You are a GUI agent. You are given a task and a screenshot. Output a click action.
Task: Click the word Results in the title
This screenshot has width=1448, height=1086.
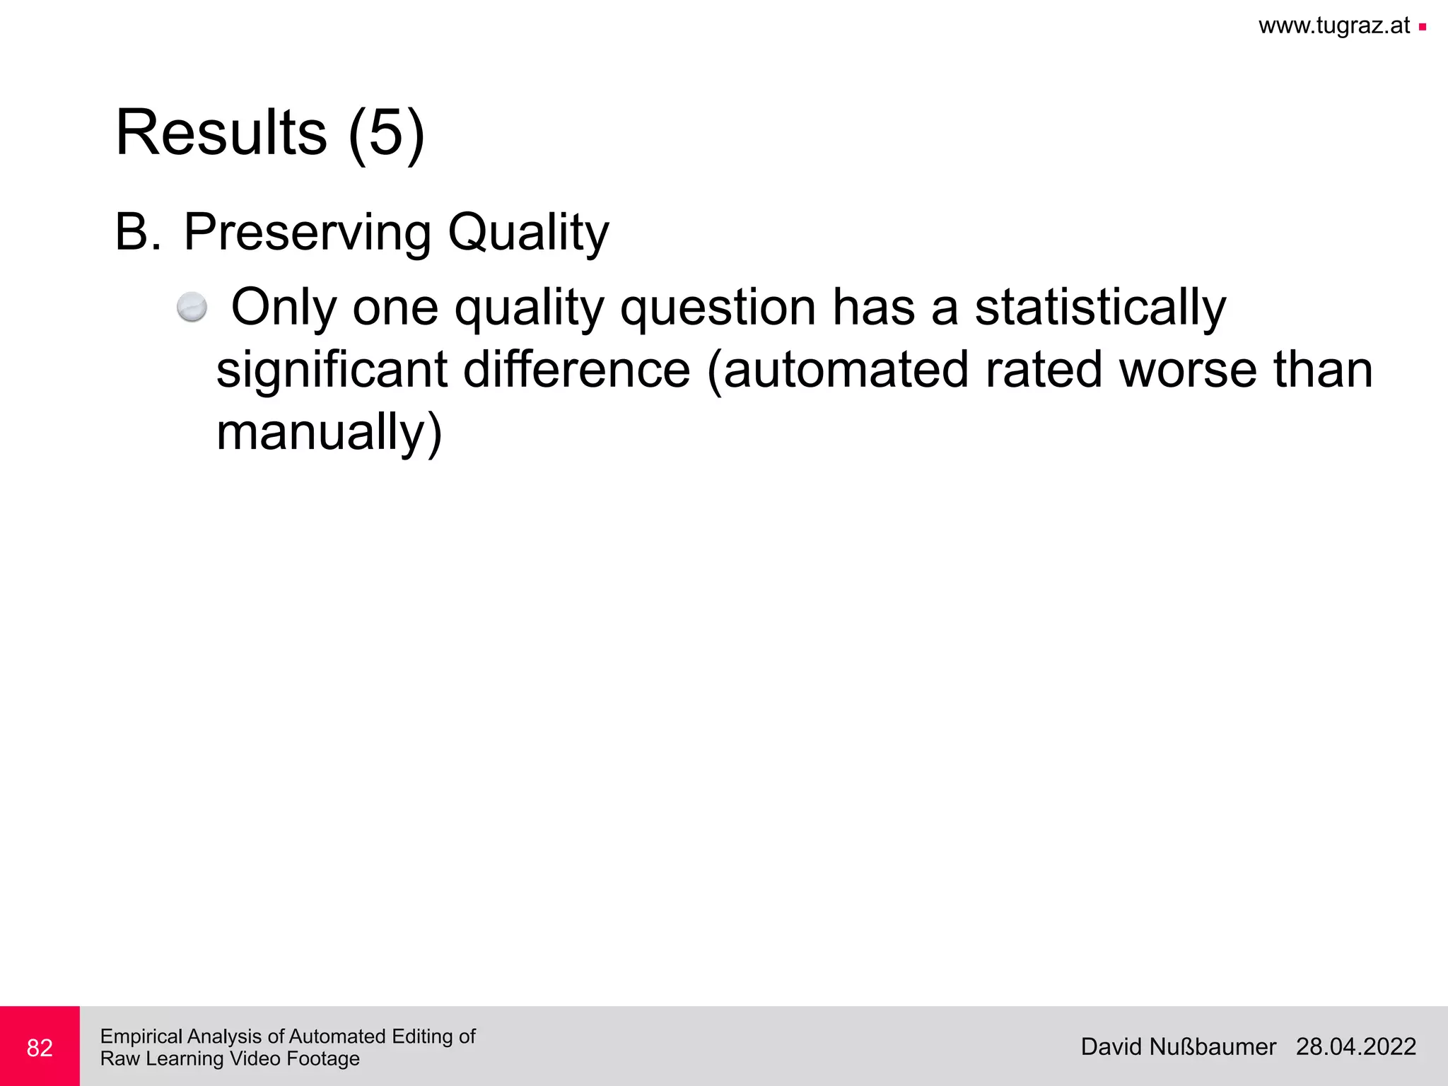tap(221, 133)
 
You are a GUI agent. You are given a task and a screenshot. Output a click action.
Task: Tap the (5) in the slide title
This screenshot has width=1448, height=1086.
tap(386, 134)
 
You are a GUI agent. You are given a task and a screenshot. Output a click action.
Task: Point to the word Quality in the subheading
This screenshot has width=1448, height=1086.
tap(528, 233)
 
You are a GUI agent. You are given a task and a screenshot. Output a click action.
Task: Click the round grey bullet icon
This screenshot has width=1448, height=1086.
tap(192, 308)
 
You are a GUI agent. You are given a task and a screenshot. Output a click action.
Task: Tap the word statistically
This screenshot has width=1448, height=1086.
tap(1100, 308)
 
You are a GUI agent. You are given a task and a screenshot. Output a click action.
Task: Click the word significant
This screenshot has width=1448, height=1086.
tap(332, 370)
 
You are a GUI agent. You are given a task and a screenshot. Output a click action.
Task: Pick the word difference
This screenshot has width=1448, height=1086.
tap(576, 370)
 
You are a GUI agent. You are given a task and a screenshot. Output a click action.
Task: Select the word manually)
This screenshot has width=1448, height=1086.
tap(329, 433)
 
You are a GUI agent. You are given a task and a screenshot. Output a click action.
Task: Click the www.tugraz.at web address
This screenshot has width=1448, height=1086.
tap(1334, 26)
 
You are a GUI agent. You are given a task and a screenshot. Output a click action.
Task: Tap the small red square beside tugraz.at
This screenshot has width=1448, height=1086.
tap(1422, 28)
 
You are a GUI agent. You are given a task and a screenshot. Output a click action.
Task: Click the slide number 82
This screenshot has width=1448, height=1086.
tap(40, 1047)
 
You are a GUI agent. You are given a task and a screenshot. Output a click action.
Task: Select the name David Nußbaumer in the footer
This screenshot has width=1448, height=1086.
tap(1178, 1046)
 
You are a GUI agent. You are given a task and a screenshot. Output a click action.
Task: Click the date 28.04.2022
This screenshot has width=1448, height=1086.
tap(1355, 1046)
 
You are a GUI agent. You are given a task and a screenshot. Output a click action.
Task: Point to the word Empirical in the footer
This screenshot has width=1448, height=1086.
tap(142, 1037)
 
